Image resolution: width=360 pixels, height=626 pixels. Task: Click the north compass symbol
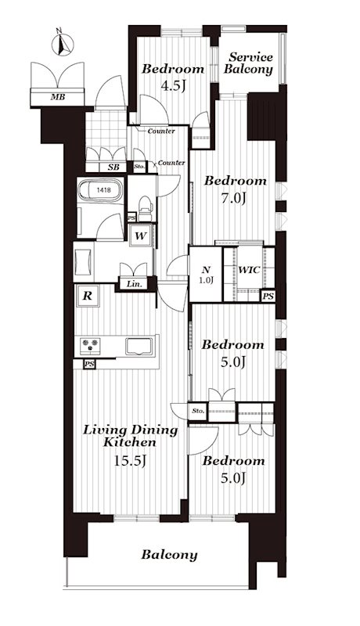pyautogui.click(x=63, y=44)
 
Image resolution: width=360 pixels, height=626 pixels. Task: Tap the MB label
pyautogui.click(x=57, y=96)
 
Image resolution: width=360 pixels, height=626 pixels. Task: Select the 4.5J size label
pyautogui.click(x=172, y=86)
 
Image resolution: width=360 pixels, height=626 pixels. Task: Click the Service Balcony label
pyautogui.click(x=248, y=63)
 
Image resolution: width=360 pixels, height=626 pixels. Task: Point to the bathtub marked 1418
pyautogui.click(x=100, y=190)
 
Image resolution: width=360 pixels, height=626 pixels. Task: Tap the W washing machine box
pyautogui.click(x=139, y=236)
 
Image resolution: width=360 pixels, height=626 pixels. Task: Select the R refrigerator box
pyautogui.click(x=88, y=296)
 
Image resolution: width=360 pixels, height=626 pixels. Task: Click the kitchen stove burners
pyautogui.click(x=91, y=346)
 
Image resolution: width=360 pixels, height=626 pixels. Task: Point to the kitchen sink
pyautogui.click(x=139, y=346)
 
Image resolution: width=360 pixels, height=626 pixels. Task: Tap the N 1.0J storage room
pyautogui.click(x=205, y=275)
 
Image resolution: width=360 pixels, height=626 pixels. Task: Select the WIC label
pyautogui.click(x=249, y=270)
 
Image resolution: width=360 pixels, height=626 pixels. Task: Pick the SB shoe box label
pyautogui.click(x=113, y=167)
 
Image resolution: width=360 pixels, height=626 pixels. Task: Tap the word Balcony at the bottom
pyautogui.click(x=169, y=555)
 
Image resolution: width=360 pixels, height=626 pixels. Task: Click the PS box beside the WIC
pyautogui.click(x=268, y=297)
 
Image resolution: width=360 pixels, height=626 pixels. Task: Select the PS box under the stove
pyautogui.click(x=89, y=364)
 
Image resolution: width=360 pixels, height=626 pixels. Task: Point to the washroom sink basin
pyautogui.click(x=83, y=262)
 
